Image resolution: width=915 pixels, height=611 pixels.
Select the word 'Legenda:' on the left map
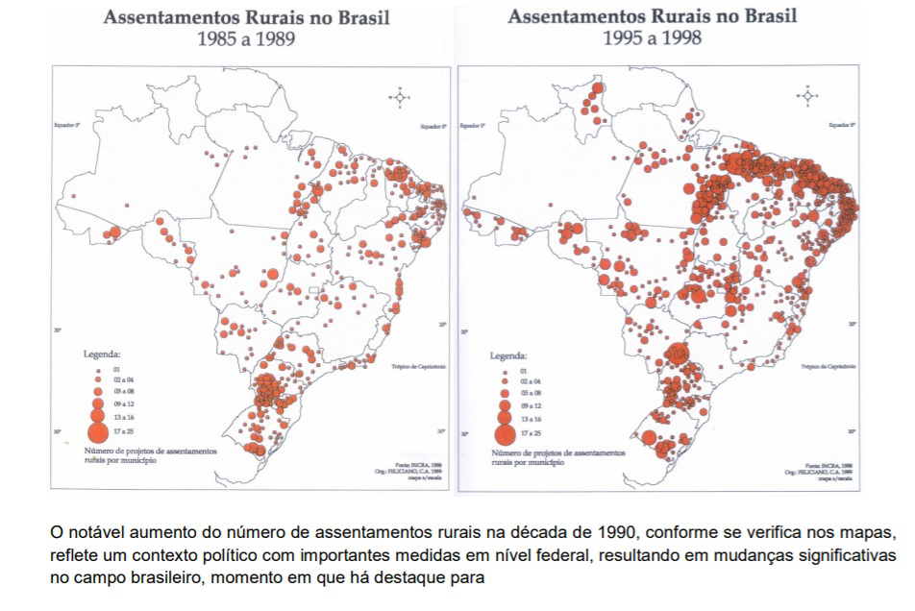point(102,354)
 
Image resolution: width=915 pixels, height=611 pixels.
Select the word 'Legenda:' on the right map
point(508,355)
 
